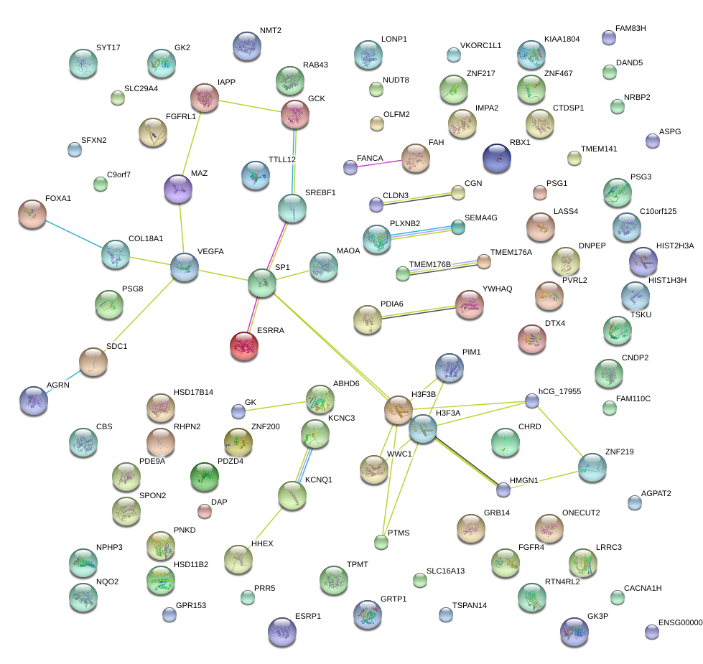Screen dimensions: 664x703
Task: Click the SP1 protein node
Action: [x=261, y=283]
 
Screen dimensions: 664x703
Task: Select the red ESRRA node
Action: [x=244, y=346]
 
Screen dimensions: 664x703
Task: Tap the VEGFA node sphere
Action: [x=185, y=267]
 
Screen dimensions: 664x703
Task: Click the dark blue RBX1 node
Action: [x=497, y=158]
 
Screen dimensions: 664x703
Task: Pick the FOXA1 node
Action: [x=32, y=214]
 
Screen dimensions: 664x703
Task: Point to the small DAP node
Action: [x=205, y=511]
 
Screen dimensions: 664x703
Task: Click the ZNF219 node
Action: [x=592, y=467]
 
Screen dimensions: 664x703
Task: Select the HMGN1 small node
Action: [x=503, y=490]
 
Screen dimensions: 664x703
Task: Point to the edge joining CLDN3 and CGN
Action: [x=416, y=198]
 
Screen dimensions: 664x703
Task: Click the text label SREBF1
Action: [x=320, y=193]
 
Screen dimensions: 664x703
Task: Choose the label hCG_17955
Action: [x=559, y=391]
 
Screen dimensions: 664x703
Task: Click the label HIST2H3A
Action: [x=675, y=246]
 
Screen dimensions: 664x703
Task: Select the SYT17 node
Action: [x=83, y=63]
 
